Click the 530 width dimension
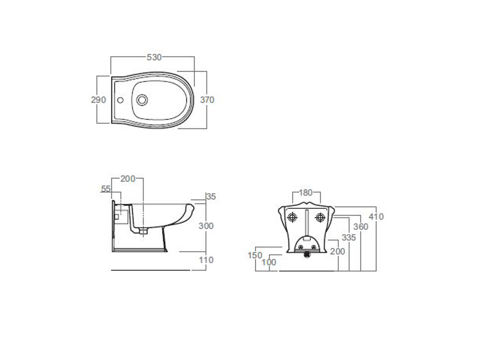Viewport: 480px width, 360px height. pos(154,57)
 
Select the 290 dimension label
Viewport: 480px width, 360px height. pos(98,100)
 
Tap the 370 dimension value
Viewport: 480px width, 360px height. pos(207,100)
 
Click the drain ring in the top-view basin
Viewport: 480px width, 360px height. pos(142,100)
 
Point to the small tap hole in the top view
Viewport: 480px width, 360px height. pos(121,100)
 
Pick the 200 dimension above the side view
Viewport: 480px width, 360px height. pos(128,179)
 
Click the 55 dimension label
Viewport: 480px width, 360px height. pos(106,189)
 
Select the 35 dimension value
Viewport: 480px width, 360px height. pos(211,197)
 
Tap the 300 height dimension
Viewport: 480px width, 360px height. pos(206,226)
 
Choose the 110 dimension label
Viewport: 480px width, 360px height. pos(206,260)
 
